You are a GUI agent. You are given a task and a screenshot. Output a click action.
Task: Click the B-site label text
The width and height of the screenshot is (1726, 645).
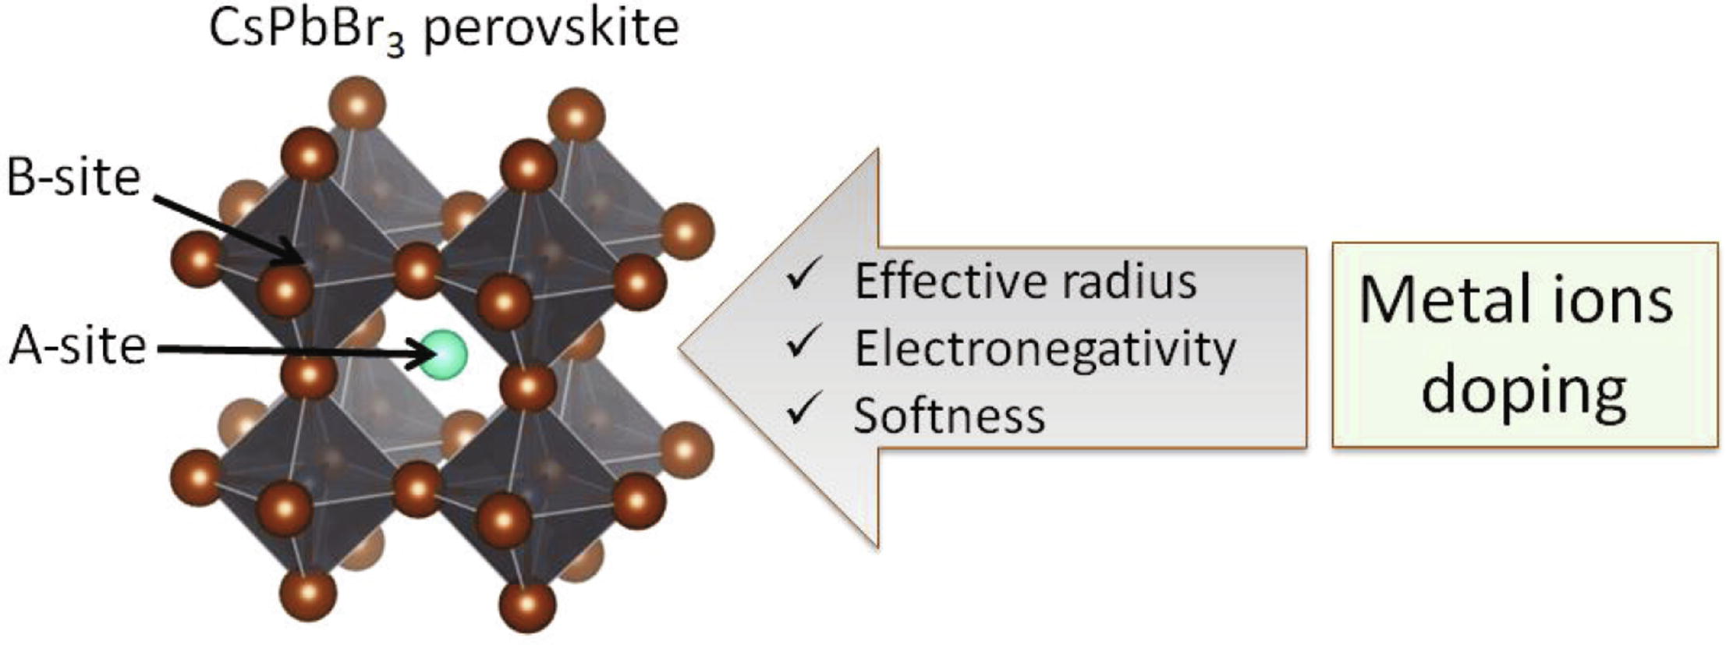click(x=73, y=178)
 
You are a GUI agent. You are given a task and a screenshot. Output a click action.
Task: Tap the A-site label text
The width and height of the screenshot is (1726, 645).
click(x=78, y=346)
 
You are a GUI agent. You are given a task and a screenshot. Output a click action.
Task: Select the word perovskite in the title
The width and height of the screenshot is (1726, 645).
click(x=551, y=29)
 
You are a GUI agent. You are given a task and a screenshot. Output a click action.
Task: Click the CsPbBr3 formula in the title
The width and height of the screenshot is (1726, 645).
click(x=307, y=30)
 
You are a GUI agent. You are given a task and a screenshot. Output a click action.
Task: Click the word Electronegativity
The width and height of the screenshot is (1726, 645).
click(x=1045, y=349)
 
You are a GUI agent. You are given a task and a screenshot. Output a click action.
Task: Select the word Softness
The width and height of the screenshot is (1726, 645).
click(x=949, y=416)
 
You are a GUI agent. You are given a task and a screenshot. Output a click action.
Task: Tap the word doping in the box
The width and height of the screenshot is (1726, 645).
click(x=1523, y=390)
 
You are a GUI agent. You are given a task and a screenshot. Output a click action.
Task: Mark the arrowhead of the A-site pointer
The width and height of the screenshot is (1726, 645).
click(x=426, y=355)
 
